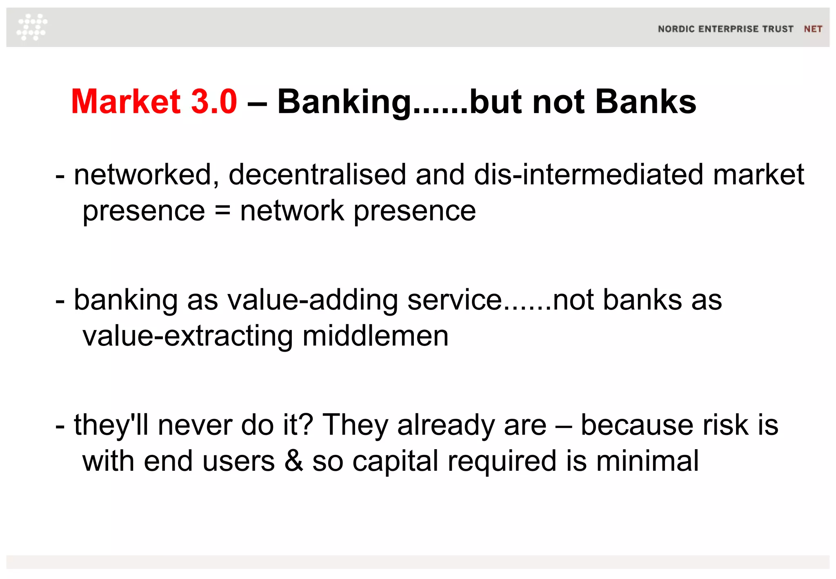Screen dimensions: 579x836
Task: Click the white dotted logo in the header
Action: click(x=32, y=27)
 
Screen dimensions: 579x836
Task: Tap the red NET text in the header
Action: click(x=813, y=29)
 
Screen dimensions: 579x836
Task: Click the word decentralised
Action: click(x=317, y=174)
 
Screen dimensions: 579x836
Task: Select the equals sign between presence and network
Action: click(x=222, y=211)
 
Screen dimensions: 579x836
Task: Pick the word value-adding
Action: click(x=312, y=301)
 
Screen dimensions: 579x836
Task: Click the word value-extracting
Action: click(x=187, y=336)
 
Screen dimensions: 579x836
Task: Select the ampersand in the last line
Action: click(x=293, y=461)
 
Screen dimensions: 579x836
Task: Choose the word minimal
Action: click(x=647, y=461)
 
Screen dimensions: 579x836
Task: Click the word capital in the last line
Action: click(x=395, y=462)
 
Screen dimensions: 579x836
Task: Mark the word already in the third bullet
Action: click(x=471, y=425)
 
